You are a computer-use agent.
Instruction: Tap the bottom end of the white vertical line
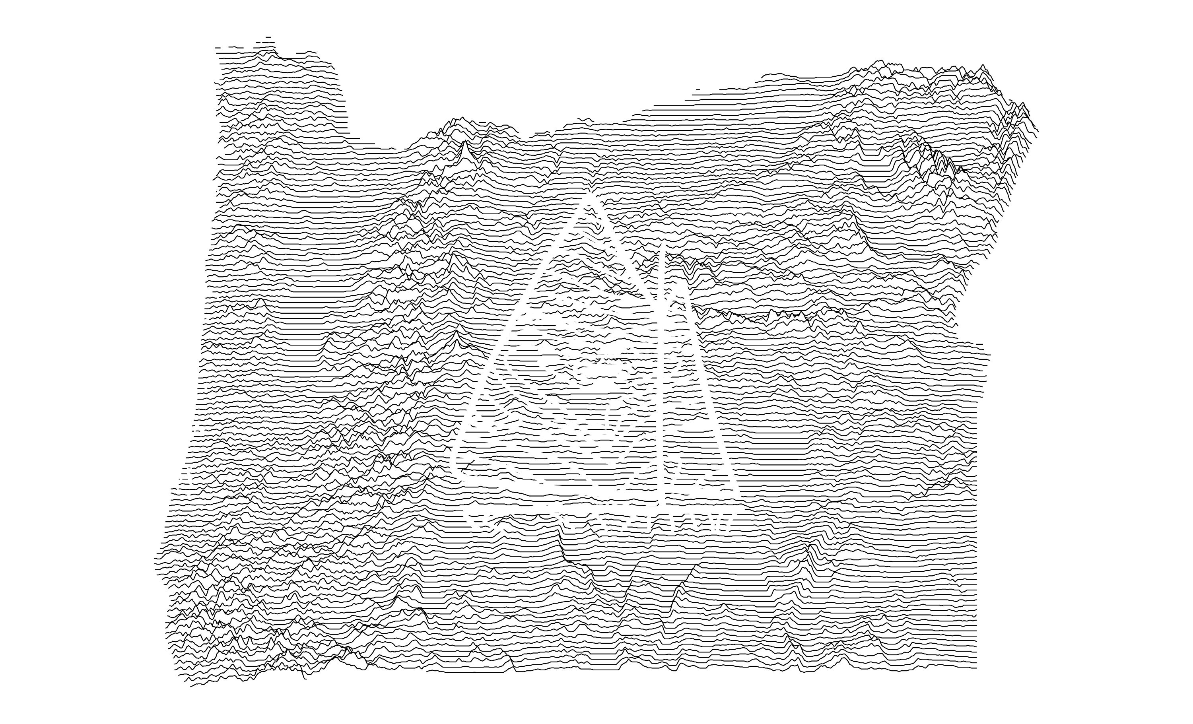[661, 503]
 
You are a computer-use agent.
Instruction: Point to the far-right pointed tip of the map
[1038, 131]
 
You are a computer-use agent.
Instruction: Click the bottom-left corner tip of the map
[192, 686]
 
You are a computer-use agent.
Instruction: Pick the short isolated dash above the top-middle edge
[698, 89]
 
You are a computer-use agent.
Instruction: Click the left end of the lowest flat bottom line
[427, 672]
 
